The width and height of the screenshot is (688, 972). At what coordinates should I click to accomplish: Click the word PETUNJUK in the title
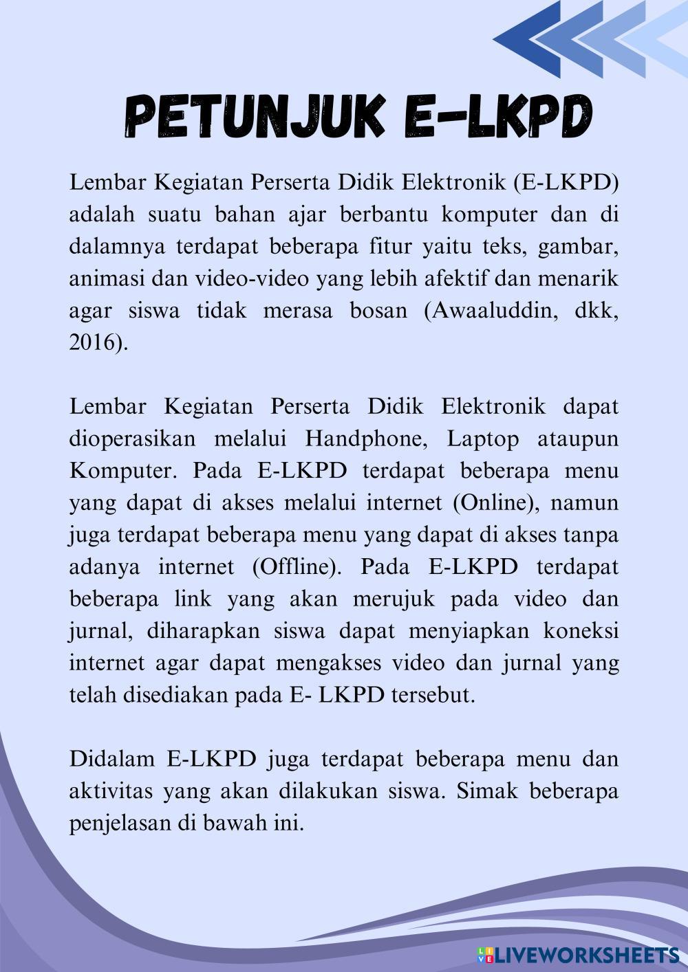[x=255, y=117]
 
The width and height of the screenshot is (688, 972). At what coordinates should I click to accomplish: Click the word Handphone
[x=366, y=439]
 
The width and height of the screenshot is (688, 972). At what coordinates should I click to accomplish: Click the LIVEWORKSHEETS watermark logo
[x=578, y=954]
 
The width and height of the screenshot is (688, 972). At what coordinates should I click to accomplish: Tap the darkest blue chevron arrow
[x=526, y=38]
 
